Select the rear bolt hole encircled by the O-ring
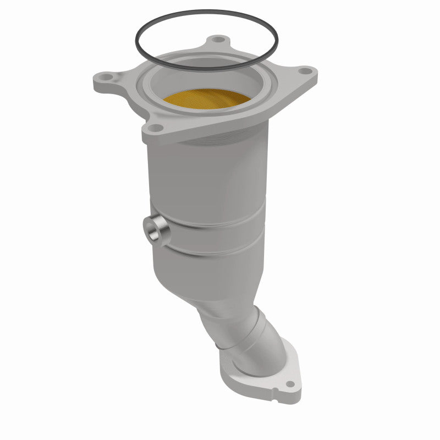[x=219, y=40]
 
